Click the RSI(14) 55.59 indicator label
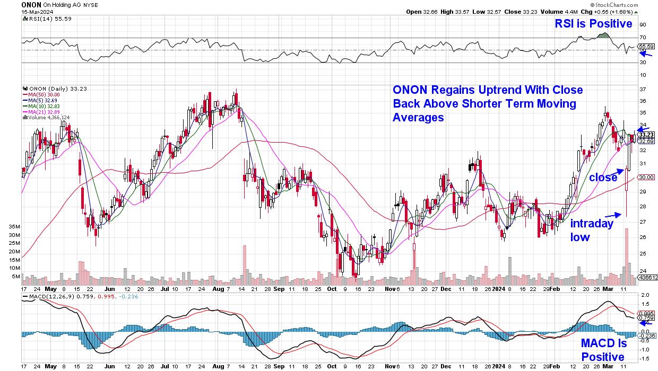[46, 19]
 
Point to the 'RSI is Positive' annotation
[593, 24]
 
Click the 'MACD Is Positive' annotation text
[603, 350]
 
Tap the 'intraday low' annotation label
[592, 230]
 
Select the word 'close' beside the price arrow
[603, 178]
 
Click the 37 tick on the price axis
[642, 89]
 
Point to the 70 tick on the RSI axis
[643, 37]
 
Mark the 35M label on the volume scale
[14, 226]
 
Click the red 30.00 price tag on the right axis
[646, 178]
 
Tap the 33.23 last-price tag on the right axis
[646, 135]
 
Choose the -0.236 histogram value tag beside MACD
[647, 335]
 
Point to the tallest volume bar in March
[627, 252]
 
